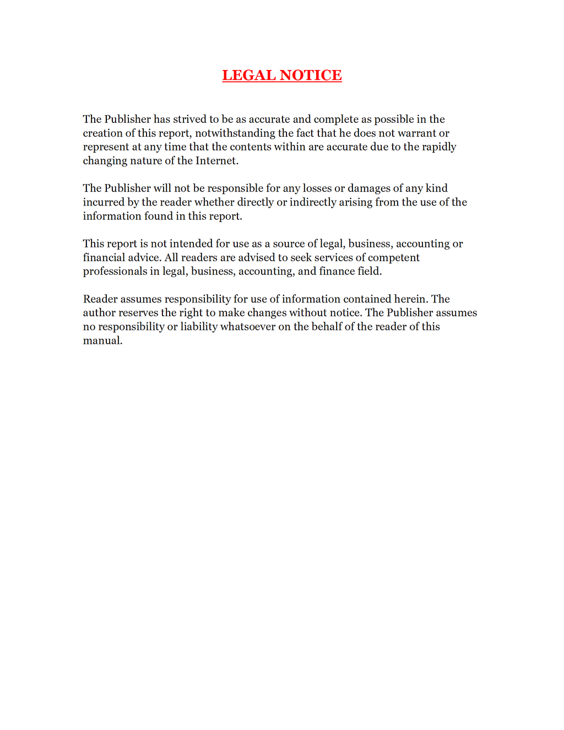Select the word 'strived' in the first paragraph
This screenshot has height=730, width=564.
pyautogui.click(x=189, y=120)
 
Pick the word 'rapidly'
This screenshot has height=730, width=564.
pyautogui.click(x=439, y=147)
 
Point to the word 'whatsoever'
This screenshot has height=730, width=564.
pyautogui.click(x=248, y=327)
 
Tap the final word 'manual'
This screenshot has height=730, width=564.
pyautogui.click(x=101, y=340)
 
